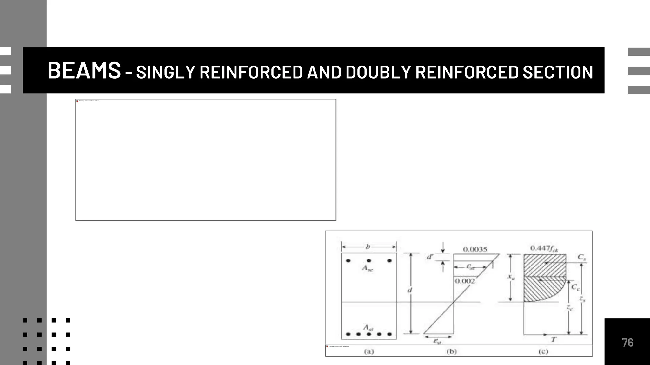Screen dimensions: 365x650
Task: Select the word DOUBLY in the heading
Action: point(378,72)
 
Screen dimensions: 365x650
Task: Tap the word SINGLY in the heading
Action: point(165,72)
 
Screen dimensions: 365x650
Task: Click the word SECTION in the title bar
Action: point(558,72)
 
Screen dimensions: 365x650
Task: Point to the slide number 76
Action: point(627,343)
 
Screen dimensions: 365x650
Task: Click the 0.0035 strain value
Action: point(475,249)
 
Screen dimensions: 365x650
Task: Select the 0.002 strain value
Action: point(465,281)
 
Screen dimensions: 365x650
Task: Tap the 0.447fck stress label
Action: point(544,248)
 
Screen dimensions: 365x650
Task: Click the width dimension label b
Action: point(368,247)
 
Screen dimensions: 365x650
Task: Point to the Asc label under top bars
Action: point(368,268)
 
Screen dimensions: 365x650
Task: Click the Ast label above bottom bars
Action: point(368,328)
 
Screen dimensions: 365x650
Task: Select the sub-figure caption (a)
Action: point(369,351)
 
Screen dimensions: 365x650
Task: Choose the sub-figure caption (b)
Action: point(451,351)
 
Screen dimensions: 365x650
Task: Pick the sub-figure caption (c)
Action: point(543,351)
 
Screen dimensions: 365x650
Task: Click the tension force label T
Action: point(554,340)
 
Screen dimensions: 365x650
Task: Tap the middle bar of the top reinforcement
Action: point(369,261)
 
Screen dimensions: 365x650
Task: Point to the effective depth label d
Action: point(410,290)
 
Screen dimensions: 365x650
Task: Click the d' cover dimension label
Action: point(430,257)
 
